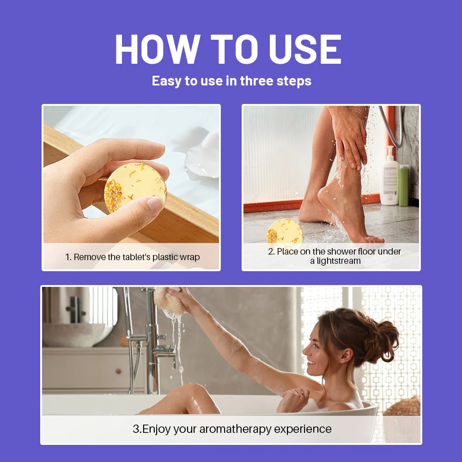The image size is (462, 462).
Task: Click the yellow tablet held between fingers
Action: (x=135, y=187)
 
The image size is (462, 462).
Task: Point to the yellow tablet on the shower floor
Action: (x=285, y=231)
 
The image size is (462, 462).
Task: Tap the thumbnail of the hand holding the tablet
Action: (x=131, y=174)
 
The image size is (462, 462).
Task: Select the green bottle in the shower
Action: (x=404, y=185)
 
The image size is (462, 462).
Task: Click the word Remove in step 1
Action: (x=90, y=257)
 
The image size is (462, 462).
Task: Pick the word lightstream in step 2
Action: (x=338, y=261)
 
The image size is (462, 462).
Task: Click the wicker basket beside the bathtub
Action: (x=403, y=407)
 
